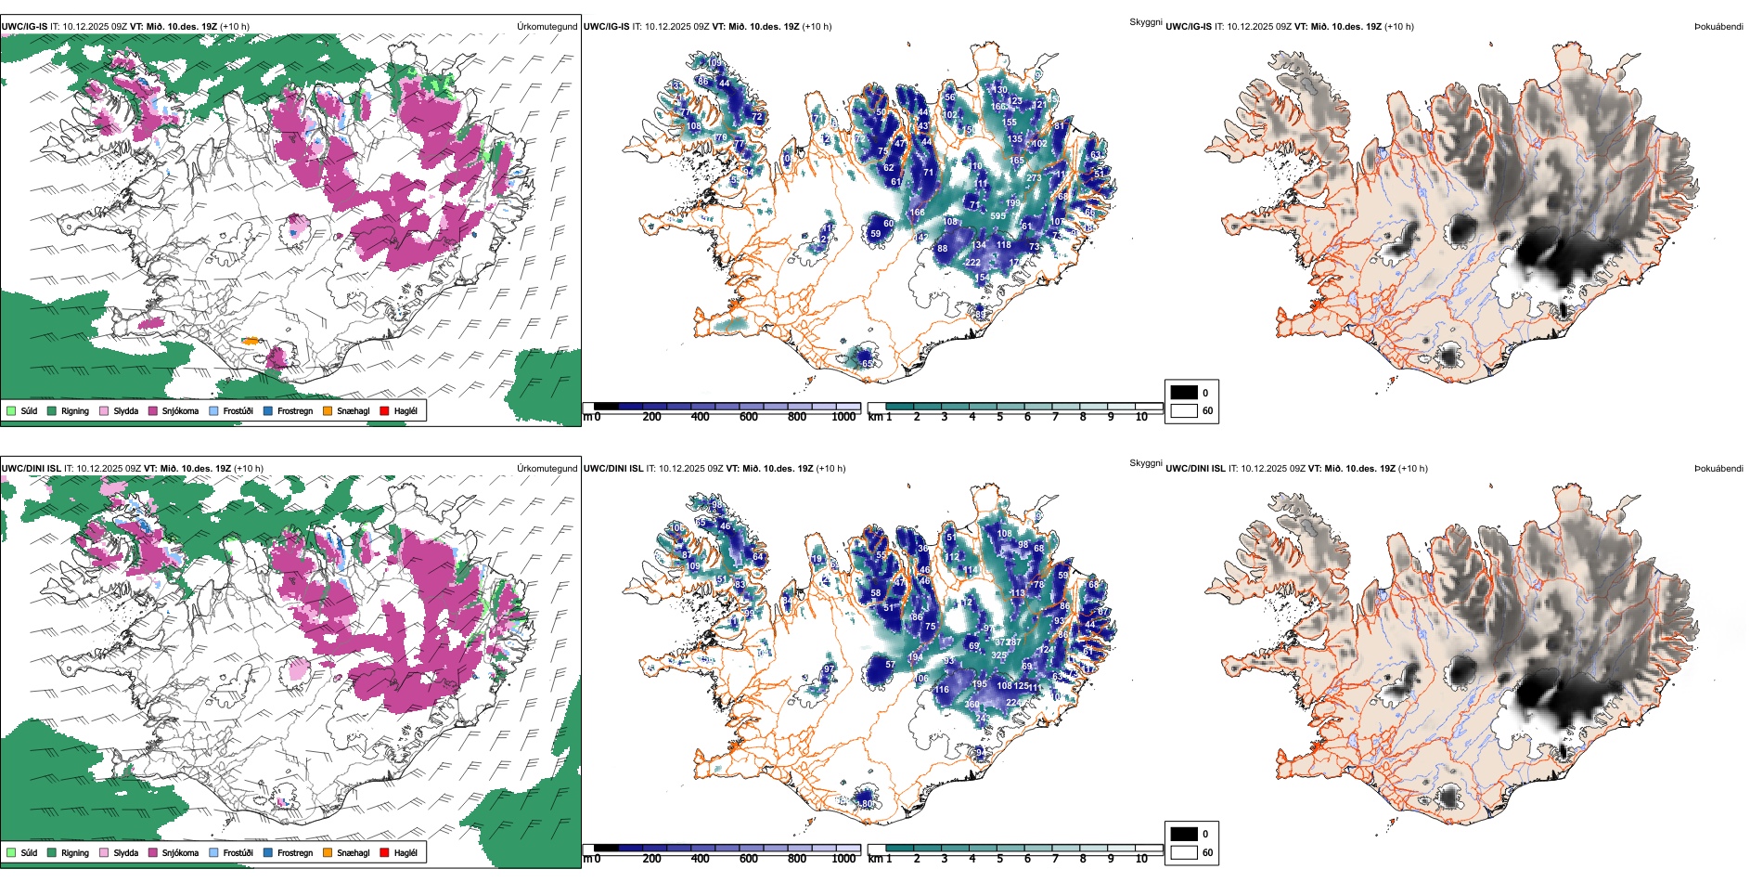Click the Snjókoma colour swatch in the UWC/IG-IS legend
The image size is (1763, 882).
click(x=153, y=410)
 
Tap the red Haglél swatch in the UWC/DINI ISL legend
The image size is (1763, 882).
click(x=385, y=852)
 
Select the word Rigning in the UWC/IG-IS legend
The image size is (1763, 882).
click(x=75, y=410)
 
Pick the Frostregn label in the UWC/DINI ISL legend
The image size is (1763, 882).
click(x=295, y=852)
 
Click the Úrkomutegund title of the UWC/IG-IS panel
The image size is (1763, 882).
click(x=547, y=27)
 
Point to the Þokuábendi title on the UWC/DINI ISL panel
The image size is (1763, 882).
click(x=1718, y=469)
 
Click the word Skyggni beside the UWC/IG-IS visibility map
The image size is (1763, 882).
click(x=1145, y=22)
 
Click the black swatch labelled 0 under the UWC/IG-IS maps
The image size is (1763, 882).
click(x=1184, y=393)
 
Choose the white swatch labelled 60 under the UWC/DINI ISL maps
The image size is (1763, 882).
click(x=1184, y=852)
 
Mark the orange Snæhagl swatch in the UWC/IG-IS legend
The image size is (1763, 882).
click(x=328, y=410)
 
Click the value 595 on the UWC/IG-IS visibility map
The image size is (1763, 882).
click(x=997, y=216)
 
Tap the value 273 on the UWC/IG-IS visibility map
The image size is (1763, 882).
click(x=1034, y=178)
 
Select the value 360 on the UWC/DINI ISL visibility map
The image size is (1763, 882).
click(x=972, y=705)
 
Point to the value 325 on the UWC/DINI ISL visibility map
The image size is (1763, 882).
click(x=998, y=655)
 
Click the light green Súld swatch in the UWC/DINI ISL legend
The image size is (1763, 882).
click(x=11, y=852)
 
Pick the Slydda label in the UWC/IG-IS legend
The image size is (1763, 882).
click(x=126, y=410)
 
